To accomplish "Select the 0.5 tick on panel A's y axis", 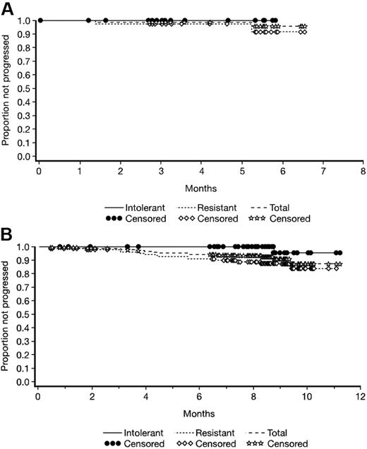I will pyautogui.click(x=26, y=89).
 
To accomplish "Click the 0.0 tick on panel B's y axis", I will pyautogui.click(x=26, y=382).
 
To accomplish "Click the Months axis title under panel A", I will pyautogui.click(x=200, y=188).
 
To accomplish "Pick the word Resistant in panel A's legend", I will pyautogui.click(x=222, y=208).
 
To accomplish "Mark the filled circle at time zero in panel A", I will pyautogui.click(x=40, y=20).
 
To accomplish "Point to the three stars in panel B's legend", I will pyautogui.click(x=260, y=444).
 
